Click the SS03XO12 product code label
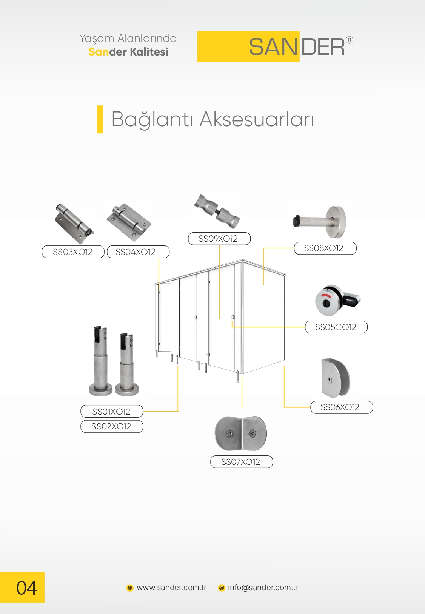point(73,252)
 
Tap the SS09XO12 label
point(219,239)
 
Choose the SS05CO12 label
point(336,327)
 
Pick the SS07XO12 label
point(241,462)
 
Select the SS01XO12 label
point(112,412)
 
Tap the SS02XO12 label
point(112,427)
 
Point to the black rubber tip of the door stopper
point(297,221)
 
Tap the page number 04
point(26,588)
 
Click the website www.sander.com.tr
point(171,588)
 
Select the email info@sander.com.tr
point(263,588)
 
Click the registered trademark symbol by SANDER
point(350,40)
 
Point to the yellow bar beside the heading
point(100,119)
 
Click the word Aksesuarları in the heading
point(257,119)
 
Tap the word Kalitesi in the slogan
point(149,52)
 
